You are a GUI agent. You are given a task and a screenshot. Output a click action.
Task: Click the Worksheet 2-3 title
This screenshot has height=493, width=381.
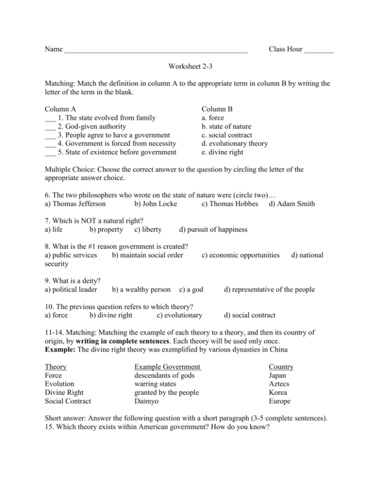pyautogui.click(x=190, y=66)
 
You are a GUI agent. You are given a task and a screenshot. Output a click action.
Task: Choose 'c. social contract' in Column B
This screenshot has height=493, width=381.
pyautogui.click(x=226, y=135)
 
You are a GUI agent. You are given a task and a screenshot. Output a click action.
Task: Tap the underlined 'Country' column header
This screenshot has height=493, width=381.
pyautogui.click(x=281, y=367)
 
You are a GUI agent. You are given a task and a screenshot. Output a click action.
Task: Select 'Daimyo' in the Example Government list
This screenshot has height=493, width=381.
pyautogui.click(x=147, y=401)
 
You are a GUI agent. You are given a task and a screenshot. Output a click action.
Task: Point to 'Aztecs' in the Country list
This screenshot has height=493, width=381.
pyautogui.click(x=280, y=384)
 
